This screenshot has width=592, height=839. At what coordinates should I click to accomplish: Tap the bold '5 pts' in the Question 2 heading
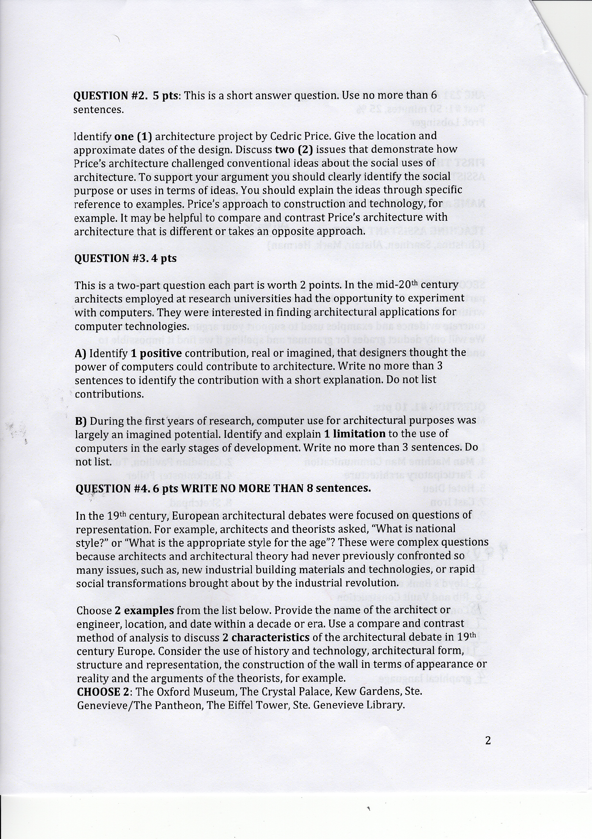167,96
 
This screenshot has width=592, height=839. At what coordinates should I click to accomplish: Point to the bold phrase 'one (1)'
133,136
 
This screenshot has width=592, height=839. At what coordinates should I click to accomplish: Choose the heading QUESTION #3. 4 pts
125,258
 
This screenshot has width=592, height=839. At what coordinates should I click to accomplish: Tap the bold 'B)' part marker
81,421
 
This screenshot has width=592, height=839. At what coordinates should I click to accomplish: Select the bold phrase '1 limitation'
355,434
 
